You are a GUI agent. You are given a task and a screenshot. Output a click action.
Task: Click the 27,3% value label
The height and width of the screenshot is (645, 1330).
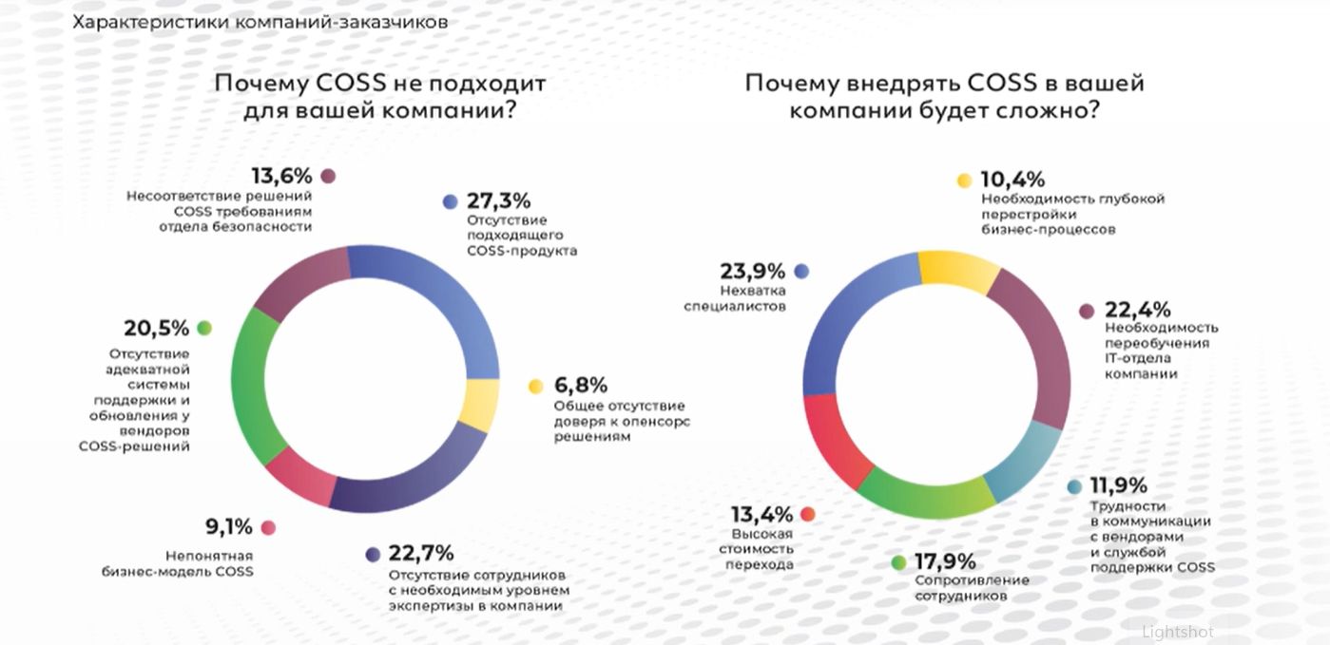tap(498, 201)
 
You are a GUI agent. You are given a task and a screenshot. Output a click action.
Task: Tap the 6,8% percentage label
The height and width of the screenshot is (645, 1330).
tap(580, 386)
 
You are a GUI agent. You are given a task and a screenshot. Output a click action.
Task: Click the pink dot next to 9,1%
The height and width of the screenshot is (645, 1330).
tap(268, 527)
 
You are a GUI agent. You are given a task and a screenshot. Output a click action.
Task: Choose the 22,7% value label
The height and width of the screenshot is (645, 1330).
tap(421, 554)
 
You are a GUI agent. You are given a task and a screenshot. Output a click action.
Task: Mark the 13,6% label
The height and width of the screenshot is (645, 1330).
tap(281, 176)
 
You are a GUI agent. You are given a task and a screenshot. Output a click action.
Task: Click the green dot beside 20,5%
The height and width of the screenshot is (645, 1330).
tap(204, 328)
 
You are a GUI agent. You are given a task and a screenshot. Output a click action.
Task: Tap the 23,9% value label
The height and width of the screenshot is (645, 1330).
tap(755, 271)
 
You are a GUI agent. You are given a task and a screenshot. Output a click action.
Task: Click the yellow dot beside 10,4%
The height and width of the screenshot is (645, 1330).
tap(964, 180)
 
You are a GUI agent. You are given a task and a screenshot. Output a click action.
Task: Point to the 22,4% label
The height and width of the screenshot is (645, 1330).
tap(1137, 311)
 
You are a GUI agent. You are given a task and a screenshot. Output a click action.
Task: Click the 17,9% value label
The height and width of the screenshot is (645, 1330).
tap(946, 561)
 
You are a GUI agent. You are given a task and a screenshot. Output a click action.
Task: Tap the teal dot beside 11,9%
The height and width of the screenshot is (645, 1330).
tap(1074, 486)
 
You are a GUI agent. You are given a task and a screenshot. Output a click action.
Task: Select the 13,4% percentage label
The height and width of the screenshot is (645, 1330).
tap(761, 515)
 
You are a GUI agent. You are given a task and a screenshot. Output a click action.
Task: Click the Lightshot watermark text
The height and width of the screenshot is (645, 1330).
tap(1178, 632)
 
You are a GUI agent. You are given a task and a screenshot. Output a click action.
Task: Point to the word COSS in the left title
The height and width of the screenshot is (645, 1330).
tap(349, 83)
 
